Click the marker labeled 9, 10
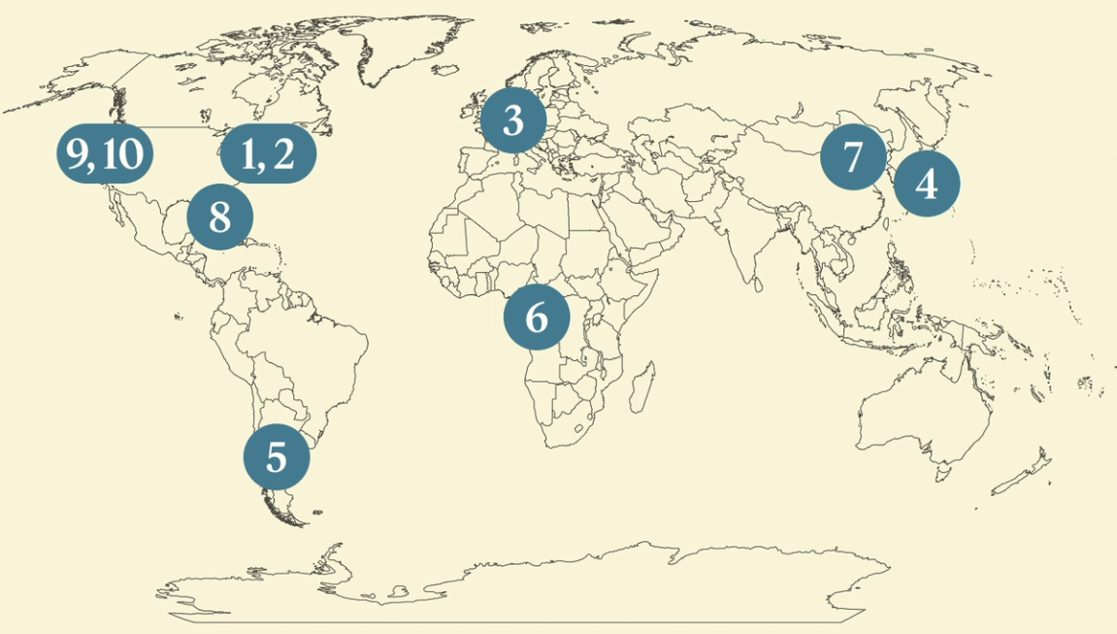coord(105,153)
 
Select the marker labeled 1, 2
coord(268,153)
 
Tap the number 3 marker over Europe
coord(513,121)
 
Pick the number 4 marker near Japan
coord(927,183)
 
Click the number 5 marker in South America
coord(277,456)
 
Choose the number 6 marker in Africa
coord(537,317)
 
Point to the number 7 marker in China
coord(853,156)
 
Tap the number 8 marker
coord(219,217)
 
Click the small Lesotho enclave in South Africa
coord(579,427)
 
